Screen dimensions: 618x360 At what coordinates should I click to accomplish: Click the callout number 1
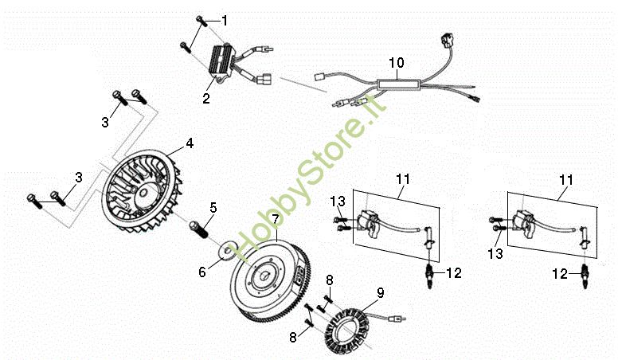[225, 21]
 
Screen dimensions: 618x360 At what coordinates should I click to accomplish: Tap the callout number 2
[206, 98]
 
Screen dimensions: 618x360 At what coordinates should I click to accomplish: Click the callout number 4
[190, 143]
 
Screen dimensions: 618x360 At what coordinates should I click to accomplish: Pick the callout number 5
[213, 207]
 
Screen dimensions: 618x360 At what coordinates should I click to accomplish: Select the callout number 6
[202, 272]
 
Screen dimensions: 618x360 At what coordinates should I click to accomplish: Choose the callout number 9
[381, 293]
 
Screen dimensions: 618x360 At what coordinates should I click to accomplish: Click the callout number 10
[397, 63]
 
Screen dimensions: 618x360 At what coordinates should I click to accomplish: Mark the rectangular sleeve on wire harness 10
[399, 84]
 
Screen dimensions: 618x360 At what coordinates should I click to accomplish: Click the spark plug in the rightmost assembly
[585, 276]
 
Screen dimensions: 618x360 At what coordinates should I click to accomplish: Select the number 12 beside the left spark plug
[454, 273]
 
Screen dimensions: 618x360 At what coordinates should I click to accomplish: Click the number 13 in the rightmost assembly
[495, 253]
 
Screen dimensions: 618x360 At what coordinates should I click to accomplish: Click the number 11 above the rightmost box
[566, 181]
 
